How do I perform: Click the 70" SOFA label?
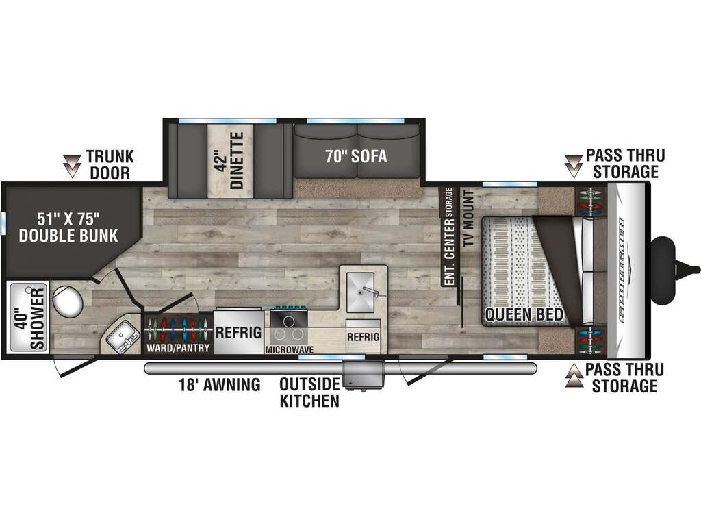click(x=356, y=157)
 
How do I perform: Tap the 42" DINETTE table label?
click(x=230, y=160)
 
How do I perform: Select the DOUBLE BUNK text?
click(x=68, y=236)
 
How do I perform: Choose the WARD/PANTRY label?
click(x=178, y=348)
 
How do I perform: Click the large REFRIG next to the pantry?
click(x=238, y=332)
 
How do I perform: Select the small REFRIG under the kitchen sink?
click(x=364, y=336)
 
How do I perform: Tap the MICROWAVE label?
click(x=290, y=349)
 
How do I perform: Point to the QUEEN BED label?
click(x=524, y=314)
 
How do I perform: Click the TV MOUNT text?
click(x=468, y=218)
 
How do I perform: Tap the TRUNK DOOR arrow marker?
click(x=71, y=166)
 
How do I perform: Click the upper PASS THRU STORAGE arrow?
click(x=573, y=166)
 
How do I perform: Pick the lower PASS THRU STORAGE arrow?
click(x=574, y=375)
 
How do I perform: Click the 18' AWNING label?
click(x=220, y=384)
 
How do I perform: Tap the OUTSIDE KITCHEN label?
click(x=309, y=392)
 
